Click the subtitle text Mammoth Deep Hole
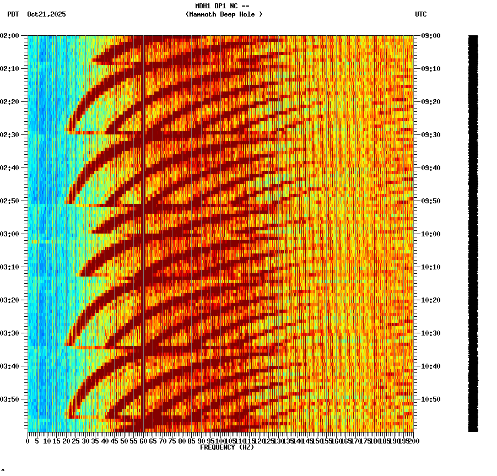tap(224, 14)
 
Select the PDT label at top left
tap(13, 14)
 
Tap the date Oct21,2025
tap(46, 14)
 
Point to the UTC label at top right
tap(421, 14)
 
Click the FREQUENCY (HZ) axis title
tap(227, 447)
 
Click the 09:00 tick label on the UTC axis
tap(430, 36)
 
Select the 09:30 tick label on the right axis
tap(430, 135)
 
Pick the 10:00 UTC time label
tap(430, 234)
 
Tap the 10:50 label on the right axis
tap(430, 399)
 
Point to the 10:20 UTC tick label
tap(430, 300)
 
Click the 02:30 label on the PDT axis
tap(10, 135)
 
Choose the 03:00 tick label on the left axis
tap(10, 234)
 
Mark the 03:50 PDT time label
tap(10, 399)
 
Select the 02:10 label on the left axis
tap(10, 69)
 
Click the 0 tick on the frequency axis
tap(28, 441)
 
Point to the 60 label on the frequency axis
tap(143, 441)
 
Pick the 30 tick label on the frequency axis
tap(86, 441)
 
